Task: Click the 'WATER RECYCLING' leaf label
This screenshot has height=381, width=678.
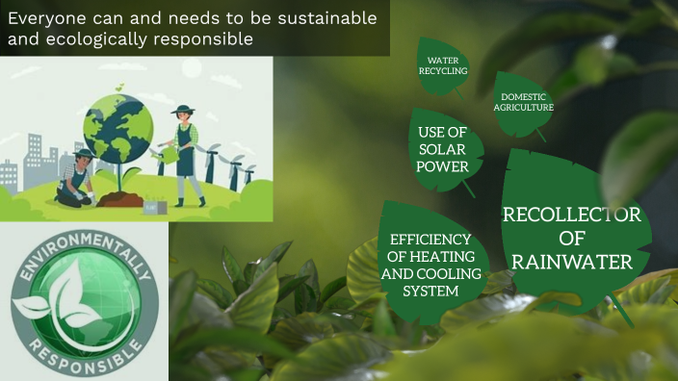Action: (x=448, y=65)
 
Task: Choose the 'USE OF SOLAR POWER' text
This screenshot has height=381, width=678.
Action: (x=443, y=149)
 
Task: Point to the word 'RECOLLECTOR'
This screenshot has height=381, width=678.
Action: (x=571, y=215)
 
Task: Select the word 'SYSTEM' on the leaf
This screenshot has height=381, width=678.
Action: (x=430, y=291)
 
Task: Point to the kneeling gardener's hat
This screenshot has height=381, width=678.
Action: (x=84, y=152)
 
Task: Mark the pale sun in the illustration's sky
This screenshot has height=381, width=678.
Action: (x=191, y=67)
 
